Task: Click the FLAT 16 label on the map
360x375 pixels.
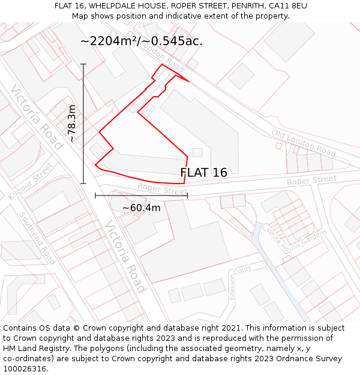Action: coord(203,173)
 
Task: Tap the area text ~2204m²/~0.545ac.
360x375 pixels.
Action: coord(141,41)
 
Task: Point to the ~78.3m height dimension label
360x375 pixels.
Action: coord(72,123)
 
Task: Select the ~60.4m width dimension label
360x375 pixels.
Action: coord(142,208)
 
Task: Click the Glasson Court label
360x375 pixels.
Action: coord(239,283)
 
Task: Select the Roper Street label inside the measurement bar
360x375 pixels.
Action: coord(162,190)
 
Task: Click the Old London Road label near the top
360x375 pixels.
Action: coord(155,50)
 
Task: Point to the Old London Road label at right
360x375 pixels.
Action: coord(304,142)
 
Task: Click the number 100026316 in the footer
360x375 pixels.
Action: coord(25,368)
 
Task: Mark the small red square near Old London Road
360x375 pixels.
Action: coord(278,145)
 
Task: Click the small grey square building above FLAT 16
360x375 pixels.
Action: coord(197,152)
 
